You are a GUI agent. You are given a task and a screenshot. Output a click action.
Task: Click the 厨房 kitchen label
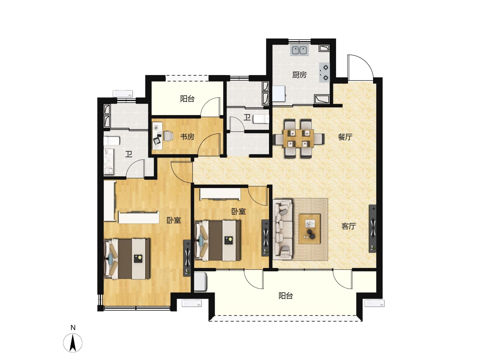299,75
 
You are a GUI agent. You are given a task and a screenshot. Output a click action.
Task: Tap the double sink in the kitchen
299,50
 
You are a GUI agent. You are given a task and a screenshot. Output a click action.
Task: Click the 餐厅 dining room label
345,137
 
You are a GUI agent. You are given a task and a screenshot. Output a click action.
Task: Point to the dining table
298,138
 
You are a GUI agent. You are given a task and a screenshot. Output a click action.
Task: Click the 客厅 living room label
348,226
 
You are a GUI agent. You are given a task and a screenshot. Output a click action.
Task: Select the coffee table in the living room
309,229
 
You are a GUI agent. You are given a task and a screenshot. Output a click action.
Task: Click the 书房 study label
187,137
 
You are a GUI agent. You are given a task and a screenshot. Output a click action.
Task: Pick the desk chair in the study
168,136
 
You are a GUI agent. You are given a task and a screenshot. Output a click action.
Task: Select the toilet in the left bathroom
112,141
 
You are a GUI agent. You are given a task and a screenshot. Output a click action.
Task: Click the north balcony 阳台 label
187,99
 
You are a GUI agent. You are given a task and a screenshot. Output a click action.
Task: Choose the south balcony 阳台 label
286,296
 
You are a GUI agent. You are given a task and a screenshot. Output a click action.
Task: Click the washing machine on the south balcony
201,282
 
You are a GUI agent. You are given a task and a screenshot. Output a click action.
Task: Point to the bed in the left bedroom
127,259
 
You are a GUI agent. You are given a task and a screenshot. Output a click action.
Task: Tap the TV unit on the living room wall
372,228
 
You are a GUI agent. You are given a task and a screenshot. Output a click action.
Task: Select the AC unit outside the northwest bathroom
123,94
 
